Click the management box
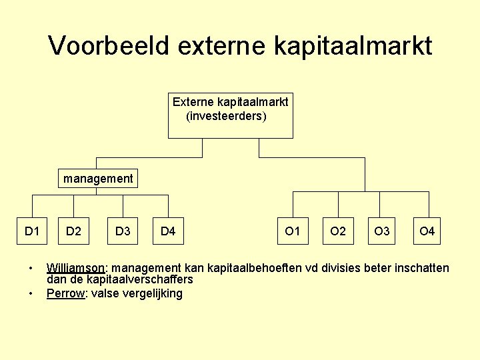pos(97,179)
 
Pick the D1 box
pos(32,231)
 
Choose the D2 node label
pos(73,231)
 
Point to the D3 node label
pos(123,231)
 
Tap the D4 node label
pos(168,231)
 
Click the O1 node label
pos(292,231)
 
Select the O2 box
pos(338,231)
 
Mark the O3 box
pos(382,231)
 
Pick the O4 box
pos(427,231)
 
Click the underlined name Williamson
pos(75,269)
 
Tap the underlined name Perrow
pos(65,293)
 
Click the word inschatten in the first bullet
pos(422,269)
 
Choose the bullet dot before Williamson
pos(30,269)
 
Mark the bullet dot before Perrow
pos(30,293)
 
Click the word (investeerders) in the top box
pos(226,117)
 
